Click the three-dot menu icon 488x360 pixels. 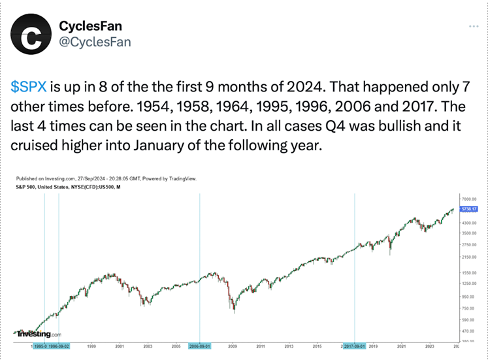pos(474,26)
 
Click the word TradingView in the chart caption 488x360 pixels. pos(182,178)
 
